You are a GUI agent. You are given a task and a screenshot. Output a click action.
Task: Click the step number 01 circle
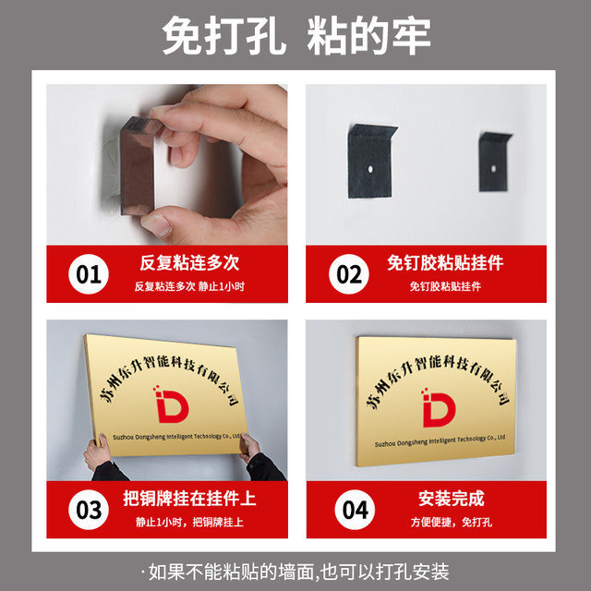pos(89,274)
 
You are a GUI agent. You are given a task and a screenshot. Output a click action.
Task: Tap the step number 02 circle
pos(349,274)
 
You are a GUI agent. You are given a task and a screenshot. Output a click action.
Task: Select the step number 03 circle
pos(89,510)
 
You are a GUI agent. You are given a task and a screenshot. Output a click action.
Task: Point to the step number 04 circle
pos(355,510)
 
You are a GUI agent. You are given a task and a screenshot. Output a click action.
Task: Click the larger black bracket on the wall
pos(369,162)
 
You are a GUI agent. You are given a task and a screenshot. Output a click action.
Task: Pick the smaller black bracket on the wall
pos(493,163)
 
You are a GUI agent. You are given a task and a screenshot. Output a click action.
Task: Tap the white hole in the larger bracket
pos(370,169)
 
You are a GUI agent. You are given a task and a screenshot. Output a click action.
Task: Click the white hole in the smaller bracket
pos(493,169)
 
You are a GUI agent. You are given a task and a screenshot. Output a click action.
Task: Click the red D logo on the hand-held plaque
pos(172,404)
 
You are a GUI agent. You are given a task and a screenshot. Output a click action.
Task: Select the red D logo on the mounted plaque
pos(439,407)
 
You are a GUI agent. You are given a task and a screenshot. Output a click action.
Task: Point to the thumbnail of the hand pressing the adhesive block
pos(166,164)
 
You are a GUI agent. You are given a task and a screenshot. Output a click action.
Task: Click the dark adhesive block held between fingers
pos(138,166)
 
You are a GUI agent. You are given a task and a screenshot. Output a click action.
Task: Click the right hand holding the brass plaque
pos(248,447)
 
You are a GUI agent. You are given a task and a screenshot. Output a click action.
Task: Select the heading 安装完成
pos(451,499)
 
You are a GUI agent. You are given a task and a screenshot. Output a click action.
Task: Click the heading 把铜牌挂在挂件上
pos(189,499)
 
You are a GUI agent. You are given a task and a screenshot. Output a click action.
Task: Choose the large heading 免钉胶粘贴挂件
pos(445,262)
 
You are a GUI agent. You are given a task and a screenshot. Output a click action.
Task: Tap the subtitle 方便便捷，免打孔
pos(451,523)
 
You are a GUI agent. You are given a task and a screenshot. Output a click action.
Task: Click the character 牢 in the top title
pos(411,36)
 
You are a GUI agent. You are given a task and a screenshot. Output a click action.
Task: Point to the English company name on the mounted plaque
pos(440,440)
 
